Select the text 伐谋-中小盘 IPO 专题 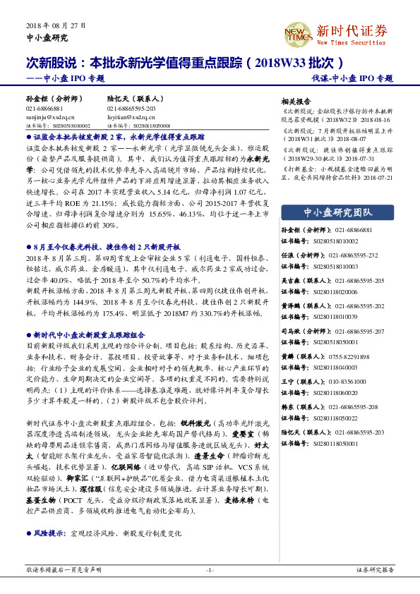point(352,78)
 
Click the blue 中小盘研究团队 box point(337,212)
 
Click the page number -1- point(210,569)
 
